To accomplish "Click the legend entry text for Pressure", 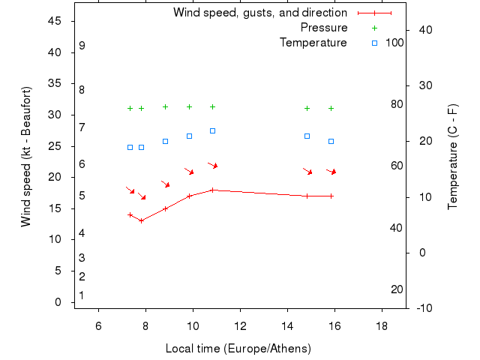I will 324,28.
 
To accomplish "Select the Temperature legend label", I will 313,43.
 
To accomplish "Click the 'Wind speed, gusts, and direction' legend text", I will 259,13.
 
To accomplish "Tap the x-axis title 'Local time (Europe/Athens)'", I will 238,349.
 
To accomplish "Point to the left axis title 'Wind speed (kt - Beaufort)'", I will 25,156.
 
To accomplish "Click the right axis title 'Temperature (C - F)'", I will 453,157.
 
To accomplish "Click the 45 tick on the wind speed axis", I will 55,21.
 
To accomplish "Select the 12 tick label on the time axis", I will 240,325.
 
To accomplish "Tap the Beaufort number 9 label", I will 82,46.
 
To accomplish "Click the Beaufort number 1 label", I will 82,295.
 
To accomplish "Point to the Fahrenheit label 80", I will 397,103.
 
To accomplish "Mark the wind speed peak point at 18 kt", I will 213,190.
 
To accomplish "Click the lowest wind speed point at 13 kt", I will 141,220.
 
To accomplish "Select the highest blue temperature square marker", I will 213,131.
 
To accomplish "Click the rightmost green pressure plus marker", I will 331,108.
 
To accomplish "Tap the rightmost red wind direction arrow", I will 331,172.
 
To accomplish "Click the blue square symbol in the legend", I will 374,43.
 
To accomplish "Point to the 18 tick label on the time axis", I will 382,325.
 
